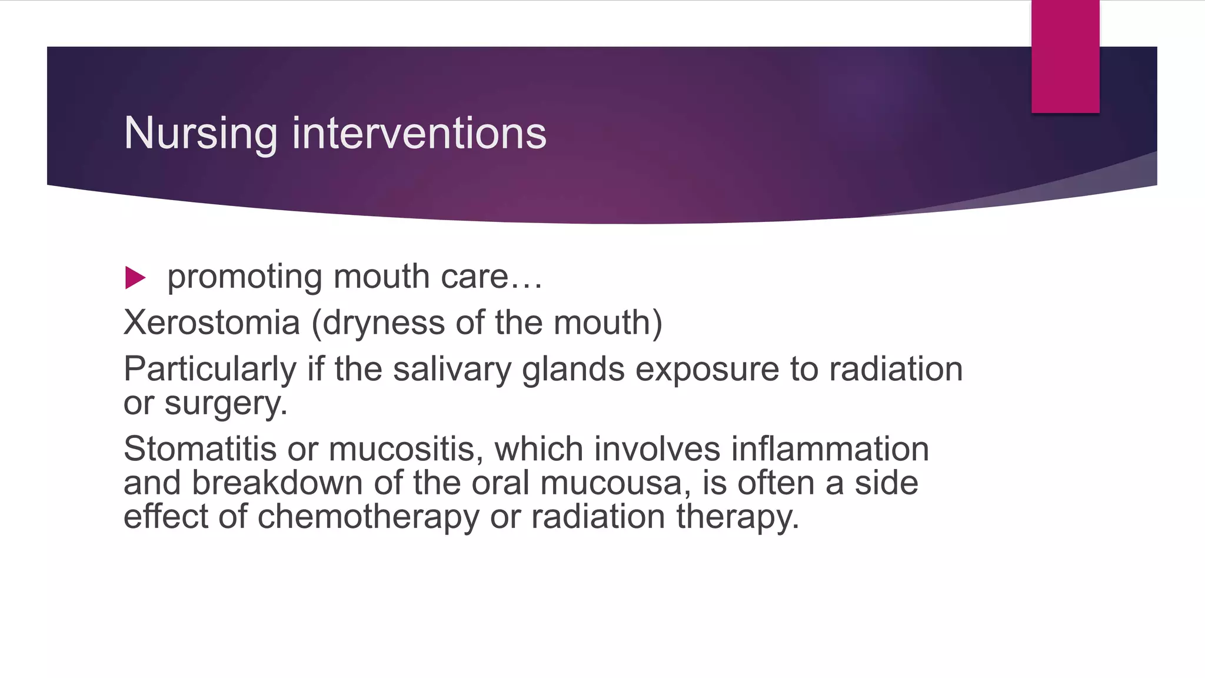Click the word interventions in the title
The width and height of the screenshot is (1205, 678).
point(419,133)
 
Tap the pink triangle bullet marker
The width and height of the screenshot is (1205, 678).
point(135,278)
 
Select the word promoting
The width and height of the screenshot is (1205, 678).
point(244,277)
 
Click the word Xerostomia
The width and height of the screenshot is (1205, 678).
point(211,323)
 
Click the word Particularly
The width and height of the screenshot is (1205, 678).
point(209,370)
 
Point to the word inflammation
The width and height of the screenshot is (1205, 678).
point(830,449)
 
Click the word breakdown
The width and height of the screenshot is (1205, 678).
point(277,483)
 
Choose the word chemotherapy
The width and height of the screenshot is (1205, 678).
point(368,517)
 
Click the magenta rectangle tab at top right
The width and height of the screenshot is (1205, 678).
point(1065,56)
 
